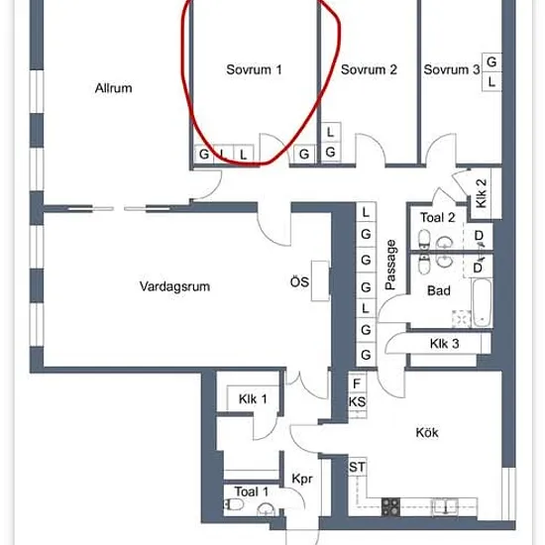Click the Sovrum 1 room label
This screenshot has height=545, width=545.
[x=254, y=69]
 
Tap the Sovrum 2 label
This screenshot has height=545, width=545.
[x=369, y=69]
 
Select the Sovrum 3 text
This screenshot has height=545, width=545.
[x=452, y=69]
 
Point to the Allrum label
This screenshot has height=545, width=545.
[x=113, y=88]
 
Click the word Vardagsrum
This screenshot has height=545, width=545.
[x=174, y=286]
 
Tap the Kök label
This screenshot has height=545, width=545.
[x=427, y=432]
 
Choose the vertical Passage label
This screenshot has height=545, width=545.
[x=390, y=265]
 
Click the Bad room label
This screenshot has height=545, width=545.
[x=439, y=290]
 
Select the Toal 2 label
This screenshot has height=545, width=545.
[x=438, y=218]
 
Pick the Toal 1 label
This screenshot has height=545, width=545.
[x=252, y=491]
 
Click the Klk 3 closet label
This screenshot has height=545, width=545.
[x=445, y=344]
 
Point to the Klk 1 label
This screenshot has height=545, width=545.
[x=253, y=398]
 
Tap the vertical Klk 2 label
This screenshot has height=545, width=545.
[x=481, y=193]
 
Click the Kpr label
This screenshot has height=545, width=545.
[x=302, y=479]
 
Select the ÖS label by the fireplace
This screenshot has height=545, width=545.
[x=299, y=281]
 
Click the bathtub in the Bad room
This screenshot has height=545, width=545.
[x=483, y=303]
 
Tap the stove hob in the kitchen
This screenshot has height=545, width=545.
[x=390, y=506]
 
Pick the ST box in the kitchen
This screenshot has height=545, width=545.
[x=358, y=467]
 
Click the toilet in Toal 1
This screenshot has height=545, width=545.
[x=234, y=504]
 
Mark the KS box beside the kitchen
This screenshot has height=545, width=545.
[x=358, y=402]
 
